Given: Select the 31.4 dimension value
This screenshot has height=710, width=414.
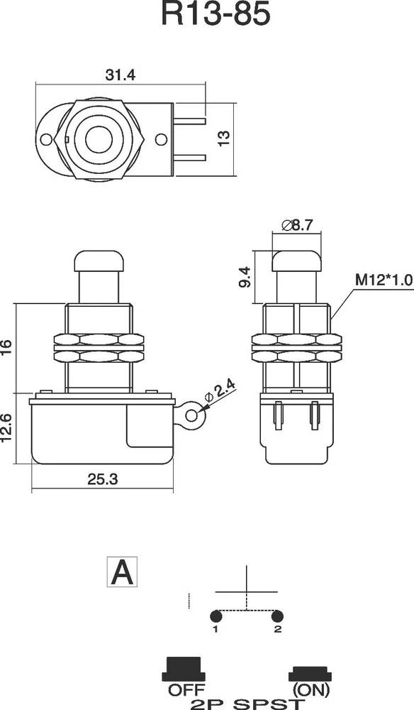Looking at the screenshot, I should tap(121, 75).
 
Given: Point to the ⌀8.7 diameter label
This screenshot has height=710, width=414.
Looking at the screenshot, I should tap(297, 225).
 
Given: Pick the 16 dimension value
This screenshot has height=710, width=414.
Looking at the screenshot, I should tap(7, 346).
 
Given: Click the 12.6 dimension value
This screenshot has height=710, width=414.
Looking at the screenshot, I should tap(7, 427).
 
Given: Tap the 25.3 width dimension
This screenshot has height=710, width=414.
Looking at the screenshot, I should tap(102, 480).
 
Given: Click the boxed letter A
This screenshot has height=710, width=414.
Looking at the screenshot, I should tap(122, 572).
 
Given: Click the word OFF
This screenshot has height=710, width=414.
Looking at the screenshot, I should tap(186, 689).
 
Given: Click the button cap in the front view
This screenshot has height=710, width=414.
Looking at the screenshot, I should tap(100, 261).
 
